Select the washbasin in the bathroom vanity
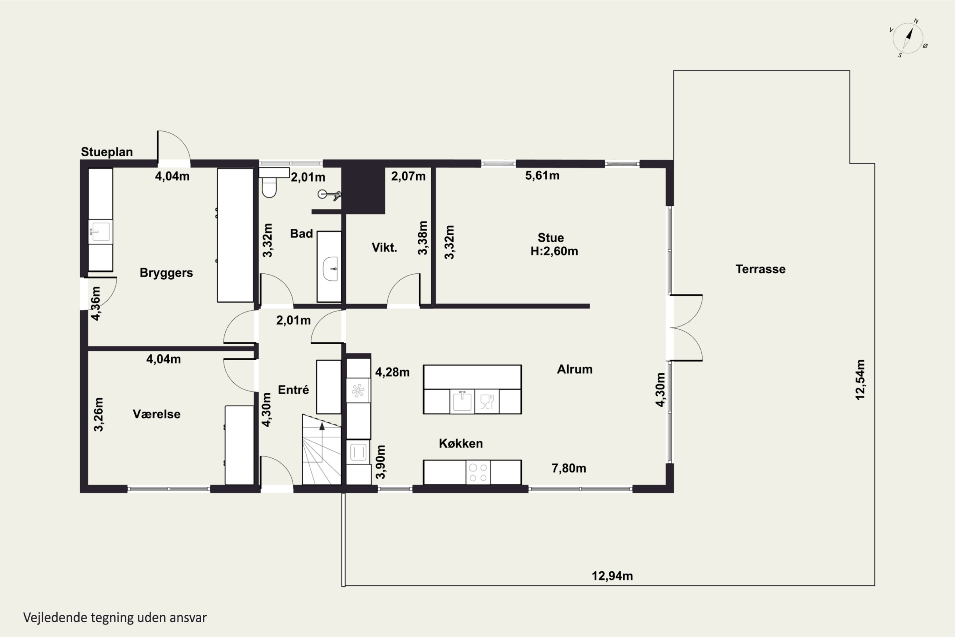click(x=330, y=268)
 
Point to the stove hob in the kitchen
click(x=478, y=472)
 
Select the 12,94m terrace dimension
click(x=612, y=576)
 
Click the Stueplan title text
click(x=107, y=152)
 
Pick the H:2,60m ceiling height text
click(x=554, y=251)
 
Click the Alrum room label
click(x=575, y=369)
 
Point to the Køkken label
click(x=461, y=443)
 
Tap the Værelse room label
click(x=157, y=414)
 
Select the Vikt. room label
click(x=384, y=247)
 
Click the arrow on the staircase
click(x=322, y=426)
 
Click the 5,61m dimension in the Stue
click(x=542, y=175)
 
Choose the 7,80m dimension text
click(x=569, y=469)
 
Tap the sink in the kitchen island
click(x=462, y=401)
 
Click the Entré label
click(x=294, y=390)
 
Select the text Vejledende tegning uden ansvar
click(x=115, y=618)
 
